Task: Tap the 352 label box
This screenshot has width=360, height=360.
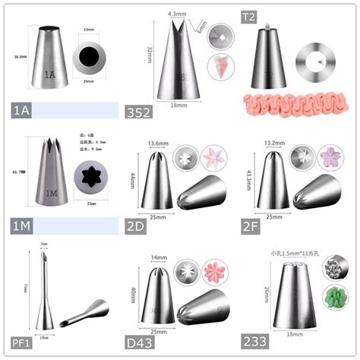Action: pos(140,112)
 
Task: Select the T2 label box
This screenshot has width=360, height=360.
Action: pos(250,15)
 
